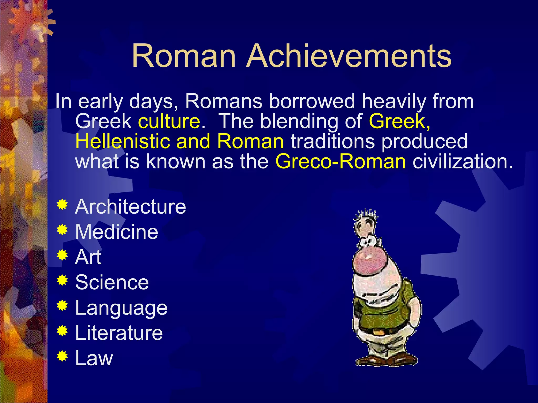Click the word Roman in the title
(x=184, y=56)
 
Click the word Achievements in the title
(x=349, y=56)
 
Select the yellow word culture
(x=169, y=121)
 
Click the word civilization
(x=462, y=161)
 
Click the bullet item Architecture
(x=131, y=207)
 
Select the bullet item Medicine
(x=117, y=232)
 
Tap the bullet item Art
(x=88, y=257)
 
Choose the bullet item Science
(x=112, y=283)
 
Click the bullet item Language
(x=121, y=308)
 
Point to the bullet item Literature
(x=119, y=333)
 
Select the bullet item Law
(x=94, y=358)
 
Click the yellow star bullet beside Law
(x=62, y=356)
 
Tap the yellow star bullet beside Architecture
(x=62, y=205)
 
